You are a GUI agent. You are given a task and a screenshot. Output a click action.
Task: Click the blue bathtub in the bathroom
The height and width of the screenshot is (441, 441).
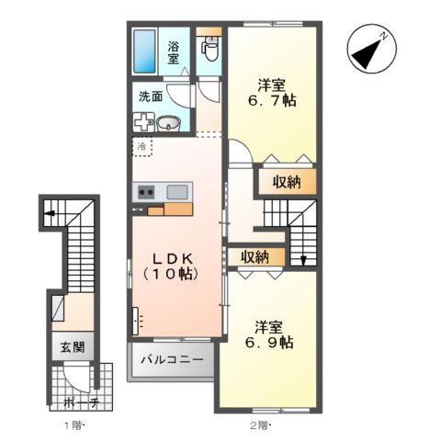click(144, 51)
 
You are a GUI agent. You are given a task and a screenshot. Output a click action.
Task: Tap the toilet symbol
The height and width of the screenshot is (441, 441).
click(209, 48)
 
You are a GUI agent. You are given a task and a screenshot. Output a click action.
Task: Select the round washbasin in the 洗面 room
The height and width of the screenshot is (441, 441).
click(168, 123)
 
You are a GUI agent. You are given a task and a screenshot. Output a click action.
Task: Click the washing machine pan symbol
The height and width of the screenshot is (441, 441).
click(144, 122)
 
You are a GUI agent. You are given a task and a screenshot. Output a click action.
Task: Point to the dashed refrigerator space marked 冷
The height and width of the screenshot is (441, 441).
click(142, 147)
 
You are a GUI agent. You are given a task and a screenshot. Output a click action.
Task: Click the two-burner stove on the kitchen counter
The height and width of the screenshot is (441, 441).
click(146, 192)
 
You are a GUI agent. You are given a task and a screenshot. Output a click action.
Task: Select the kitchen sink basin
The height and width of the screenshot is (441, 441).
click(177, 192)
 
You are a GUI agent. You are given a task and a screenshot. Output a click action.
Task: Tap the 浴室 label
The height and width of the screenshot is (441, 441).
click(173, 52)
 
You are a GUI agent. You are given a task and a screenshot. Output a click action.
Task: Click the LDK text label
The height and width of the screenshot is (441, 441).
click(173, 259)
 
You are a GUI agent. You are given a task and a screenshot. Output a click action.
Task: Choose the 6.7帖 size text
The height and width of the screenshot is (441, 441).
click(272, 100)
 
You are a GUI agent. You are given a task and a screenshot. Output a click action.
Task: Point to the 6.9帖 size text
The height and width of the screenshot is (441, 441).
click(269, 342)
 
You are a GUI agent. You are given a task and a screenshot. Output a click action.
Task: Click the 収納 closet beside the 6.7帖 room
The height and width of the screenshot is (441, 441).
click(287, 182)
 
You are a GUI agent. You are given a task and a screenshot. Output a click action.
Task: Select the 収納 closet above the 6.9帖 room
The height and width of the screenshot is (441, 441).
click(255, 256)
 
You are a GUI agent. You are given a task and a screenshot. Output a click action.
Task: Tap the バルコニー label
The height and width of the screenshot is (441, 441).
click(172, 359)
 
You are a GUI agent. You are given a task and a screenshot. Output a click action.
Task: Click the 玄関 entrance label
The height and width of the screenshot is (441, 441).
click(73, 347)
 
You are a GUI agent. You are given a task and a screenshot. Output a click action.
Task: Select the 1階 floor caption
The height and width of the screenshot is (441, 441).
click(73, 425)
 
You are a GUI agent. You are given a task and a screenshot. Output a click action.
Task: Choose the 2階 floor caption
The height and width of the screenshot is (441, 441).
click(261, 425)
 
